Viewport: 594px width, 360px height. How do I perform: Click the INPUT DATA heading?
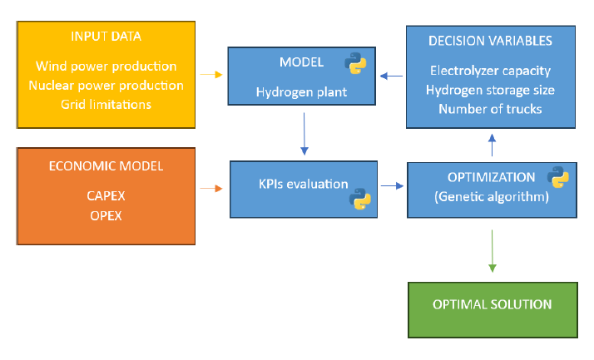(106, 37)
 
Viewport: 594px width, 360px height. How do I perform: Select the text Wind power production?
(106, 67)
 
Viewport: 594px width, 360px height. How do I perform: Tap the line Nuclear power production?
(106, 86)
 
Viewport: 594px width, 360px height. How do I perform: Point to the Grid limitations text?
(106, 105)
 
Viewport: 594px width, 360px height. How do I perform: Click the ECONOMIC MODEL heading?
(106, 166)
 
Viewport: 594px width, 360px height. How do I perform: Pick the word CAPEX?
(106, 196)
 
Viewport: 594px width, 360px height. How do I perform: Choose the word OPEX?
(106, 216)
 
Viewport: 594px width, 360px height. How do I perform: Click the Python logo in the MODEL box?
(355, 63)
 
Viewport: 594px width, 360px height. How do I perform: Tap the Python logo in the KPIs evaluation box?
(360, 199)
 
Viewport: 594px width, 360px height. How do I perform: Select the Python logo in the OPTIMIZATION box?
(558, 177)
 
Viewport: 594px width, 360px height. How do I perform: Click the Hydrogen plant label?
(301, 92)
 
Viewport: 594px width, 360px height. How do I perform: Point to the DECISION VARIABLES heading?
(490, 41)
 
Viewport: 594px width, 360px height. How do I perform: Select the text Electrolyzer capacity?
(490, 71)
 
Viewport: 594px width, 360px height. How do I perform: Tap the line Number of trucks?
(490, 110)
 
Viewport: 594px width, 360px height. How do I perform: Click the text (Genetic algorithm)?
(492, 197)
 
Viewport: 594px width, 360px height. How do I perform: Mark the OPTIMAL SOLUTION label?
(493, 304)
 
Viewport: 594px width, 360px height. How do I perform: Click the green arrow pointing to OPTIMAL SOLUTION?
(493, 251)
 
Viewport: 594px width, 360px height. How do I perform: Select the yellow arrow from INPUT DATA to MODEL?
(211, 75)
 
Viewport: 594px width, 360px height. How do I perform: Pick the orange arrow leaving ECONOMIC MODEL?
(211, 188)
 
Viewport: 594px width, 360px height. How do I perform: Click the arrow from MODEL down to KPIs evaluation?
(304, 134)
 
